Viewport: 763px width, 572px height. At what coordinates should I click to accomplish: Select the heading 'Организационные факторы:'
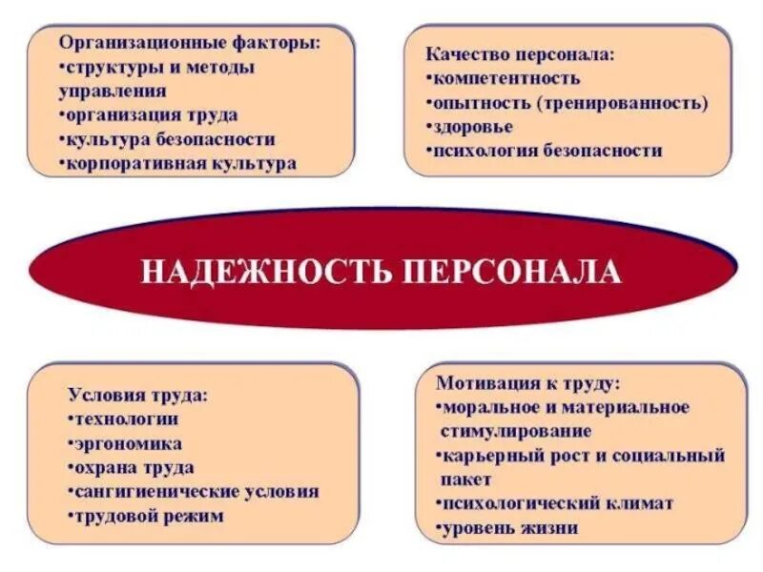pyautogui.click(x=190, y=44)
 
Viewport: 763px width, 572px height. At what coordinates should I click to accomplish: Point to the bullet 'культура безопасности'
pyautogui.click(x=169, y=139)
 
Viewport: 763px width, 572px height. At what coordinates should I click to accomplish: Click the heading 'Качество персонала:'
pyautogui.click(x=520, y=55)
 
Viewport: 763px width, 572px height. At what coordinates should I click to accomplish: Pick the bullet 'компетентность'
pyautogui.click(x=505, y=78)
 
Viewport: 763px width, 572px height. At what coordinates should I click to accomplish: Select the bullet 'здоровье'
pyautogui.click(x=472, y=126)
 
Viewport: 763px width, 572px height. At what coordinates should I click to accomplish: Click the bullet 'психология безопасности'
pyautogui.click(x=546, y=150)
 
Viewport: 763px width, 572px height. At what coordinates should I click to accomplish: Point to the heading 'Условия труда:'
pyautogui.click(x=138, y=395)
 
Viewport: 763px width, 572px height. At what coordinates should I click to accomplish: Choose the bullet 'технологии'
pyautogui.click(x=126, y=419)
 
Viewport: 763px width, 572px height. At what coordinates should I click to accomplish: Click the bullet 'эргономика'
pyautogui.click(x=128, y=443)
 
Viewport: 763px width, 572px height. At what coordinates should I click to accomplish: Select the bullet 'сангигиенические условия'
pyautogui.click(x=196, y=492)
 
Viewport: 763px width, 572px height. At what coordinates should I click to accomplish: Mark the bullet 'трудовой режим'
pyautogui.click(x=148, y=516)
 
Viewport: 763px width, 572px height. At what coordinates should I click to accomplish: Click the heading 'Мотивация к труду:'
pyautogui.click(x=527, y=383)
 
